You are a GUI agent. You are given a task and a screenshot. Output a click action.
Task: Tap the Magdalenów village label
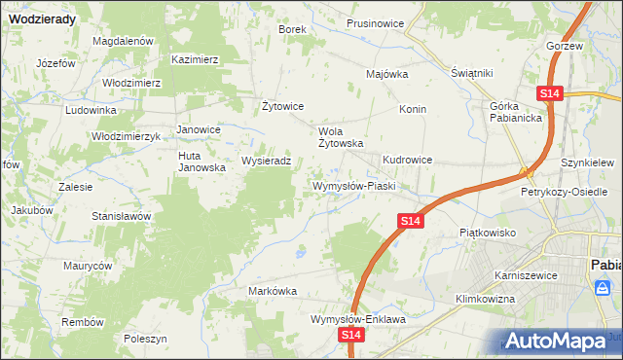124,41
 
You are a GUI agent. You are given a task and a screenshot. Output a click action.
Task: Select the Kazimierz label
195,59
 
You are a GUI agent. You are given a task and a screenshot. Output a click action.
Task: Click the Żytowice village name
284,106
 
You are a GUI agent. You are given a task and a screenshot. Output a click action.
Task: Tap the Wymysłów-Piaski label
351,185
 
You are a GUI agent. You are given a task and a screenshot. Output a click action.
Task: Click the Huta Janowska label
202,162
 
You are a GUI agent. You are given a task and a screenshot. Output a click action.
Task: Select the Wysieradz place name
266,162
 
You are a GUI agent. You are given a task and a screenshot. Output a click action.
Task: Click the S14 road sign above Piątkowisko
411,223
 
